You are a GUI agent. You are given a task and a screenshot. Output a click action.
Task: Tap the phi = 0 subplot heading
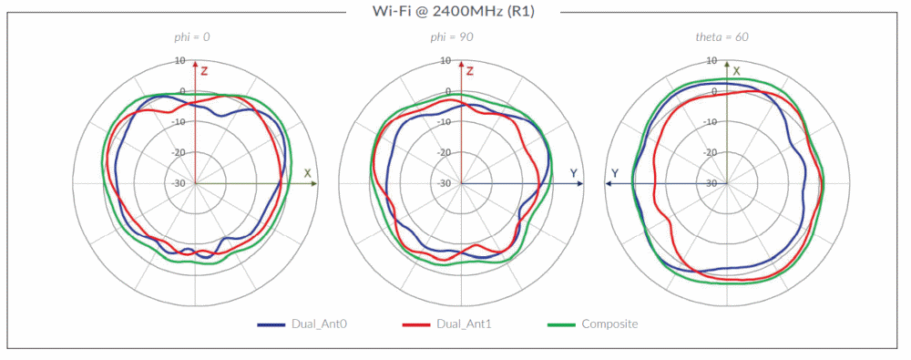pyautogui.click(x=194, y=37)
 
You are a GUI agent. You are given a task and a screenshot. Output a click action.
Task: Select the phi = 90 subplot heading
pyautogui.click(x=452, y=37)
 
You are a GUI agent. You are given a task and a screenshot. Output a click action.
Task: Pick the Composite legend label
pyautogui.click(x=609, y=324)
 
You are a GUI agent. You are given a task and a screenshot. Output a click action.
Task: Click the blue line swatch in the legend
pyautogui.click(x=271, y=324)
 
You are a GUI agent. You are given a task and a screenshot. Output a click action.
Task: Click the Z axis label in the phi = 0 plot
pyautogui.click(x=205, y=70)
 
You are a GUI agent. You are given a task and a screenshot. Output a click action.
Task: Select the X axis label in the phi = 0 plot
pyautogui.click(x=308, y=172)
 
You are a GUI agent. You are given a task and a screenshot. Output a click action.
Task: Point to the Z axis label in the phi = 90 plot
pyautogui.click(x=470, y=70)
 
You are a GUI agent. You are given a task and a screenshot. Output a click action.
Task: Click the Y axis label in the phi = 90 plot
pyautogui.click(x=573, y=172)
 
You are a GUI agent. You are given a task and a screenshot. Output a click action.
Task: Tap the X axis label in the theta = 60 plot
pyautogui.click(x=737, y=70)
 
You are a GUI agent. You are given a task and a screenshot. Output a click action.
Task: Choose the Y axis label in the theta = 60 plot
pyautogui.click(x=615, y=172)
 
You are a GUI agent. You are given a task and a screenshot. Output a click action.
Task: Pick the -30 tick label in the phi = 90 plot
pyautogui.click(x=445, y=183)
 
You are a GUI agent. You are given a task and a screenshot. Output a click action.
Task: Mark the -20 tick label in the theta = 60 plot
pyautogui.click(x=710, y=152)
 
